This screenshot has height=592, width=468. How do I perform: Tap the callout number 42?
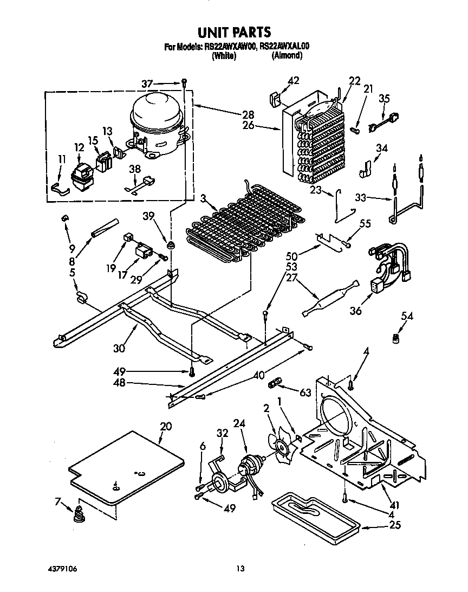[x=292, y=81]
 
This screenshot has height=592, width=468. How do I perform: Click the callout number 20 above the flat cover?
[x=166, y=426]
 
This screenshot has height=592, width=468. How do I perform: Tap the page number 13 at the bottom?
[x=240, y=568]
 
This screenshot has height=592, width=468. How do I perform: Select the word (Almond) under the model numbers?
[x=287, y=55]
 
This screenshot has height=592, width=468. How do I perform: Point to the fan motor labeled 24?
[x=250, y=467]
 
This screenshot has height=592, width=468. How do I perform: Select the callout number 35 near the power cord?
[x=384, y=98]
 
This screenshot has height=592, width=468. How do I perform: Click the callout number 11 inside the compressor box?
[x=62, y=159]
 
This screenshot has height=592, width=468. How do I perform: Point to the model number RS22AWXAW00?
[x=231, y=47]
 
